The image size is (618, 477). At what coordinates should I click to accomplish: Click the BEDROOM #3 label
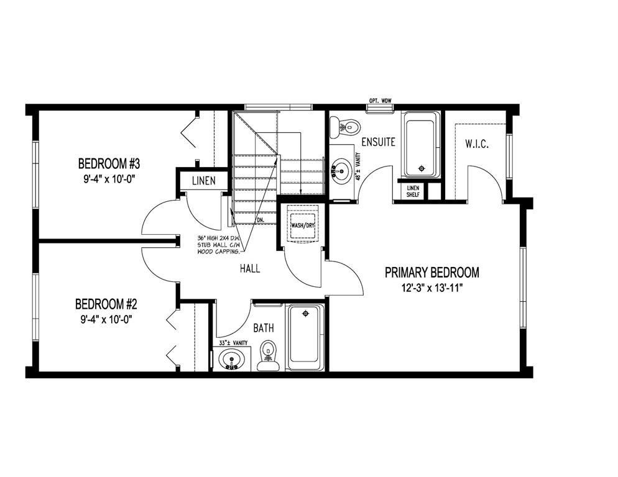[x=109, y=163]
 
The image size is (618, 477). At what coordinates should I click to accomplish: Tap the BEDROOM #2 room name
[x=106, y=304]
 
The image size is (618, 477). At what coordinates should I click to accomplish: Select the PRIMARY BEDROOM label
[x=432, y=272]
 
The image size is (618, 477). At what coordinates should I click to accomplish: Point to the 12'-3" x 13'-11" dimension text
[x=432, y=288]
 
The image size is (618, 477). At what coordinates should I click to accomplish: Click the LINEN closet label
[x=204, y=181]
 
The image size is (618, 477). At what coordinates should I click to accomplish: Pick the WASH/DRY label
[x=303, y=225]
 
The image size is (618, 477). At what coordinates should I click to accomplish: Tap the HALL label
[x=250, y=269]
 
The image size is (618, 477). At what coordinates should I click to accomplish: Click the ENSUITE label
[x=379, y=142]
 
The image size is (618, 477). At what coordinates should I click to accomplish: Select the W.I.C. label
[x=477, y=143]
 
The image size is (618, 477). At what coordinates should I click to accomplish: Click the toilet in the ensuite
[x=345, y=127]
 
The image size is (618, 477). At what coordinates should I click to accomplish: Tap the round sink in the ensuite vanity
[x=340, y=171]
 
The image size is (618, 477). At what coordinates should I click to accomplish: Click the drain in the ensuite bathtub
[x=422, y=168]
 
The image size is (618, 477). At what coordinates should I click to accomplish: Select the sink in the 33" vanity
[x=231, y=360]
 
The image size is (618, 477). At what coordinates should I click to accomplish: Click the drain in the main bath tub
[x=305, y=314]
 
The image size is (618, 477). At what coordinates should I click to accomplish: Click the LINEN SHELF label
[x=413, y=191]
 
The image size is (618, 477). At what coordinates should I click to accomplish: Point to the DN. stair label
[x=260, y=220]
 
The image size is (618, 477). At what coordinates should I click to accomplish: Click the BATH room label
[x=264, y=328]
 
